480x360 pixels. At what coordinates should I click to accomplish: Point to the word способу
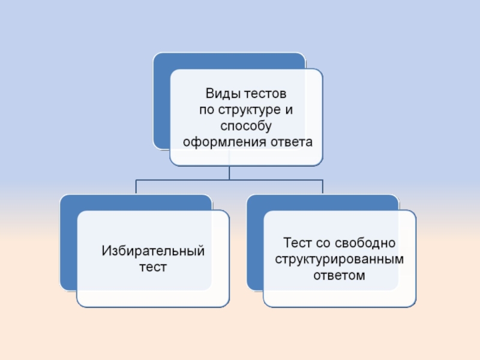pyautogui.click(x=247, y=127)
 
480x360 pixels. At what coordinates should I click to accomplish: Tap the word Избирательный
pyautogui.click(x=153, y=250)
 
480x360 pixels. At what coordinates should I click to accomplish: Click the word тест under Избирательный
pyautogui.click(x=153, y=266)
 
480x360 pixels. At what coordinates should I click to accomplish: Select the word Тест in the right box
pyautogui.click(x=296, y=244)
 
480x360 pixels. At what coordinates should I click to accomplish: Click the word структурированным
pyautogui.click(x=340, y=259)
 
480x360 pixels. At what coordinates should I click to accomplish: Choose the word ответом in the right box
pyautogui.click(x=340, y=275)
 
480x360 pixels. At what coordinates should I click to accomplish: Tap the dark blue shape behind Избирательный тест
pyautogui.click(x=68, y=240)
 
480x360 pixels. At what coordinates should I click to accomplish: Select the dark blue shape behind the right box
pyautogui.click(x=254, y=240)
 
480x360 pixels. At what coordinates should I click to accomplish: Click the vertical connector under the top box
pyautogui.click(x=229, y=173)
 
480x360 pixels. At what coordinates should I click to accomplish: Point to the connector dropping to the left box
pyautogui.click(x=136, y=187)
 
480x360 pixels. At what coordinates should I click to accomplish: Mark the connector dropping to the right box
pyautogui.click(x=323, y=187)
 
